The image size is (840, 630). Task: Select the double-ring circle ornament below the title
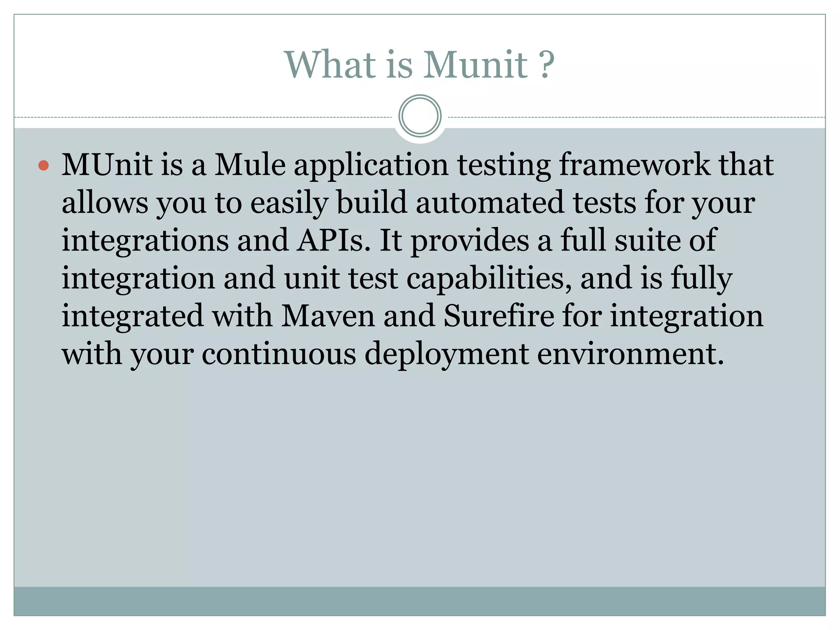pyautogui.click(x=420, y=116)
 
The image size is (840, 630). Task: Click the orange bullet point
pyautogui.click(x=43, y=166)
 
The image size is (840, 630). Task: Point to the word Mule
pyautogui.click(x=250, y=165)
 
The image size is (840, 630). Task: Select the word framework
pyautogui.click(x=635, y=165)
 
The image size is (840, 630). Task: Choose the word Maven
pyautogui.click(x=328, y=316)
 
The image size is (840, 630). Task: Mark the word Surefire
pyautogui.click(x=499, y=316)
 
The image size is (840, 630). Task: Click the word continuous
pyautogui.click(x=279, y=354)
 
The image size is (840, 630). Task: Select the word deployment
pyautogui.click(x=447, y=355)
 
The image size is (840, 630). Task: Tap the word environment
pyautogui.click(x=630, y=354)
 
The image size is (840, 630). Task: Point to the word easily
pyautogui.click(x=289, y=203)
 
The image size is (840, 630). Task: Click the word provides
pyautogui.click(x=470, y=241)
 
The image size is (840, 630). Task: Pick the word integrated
pyautogui.click(x=132, y=317)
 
